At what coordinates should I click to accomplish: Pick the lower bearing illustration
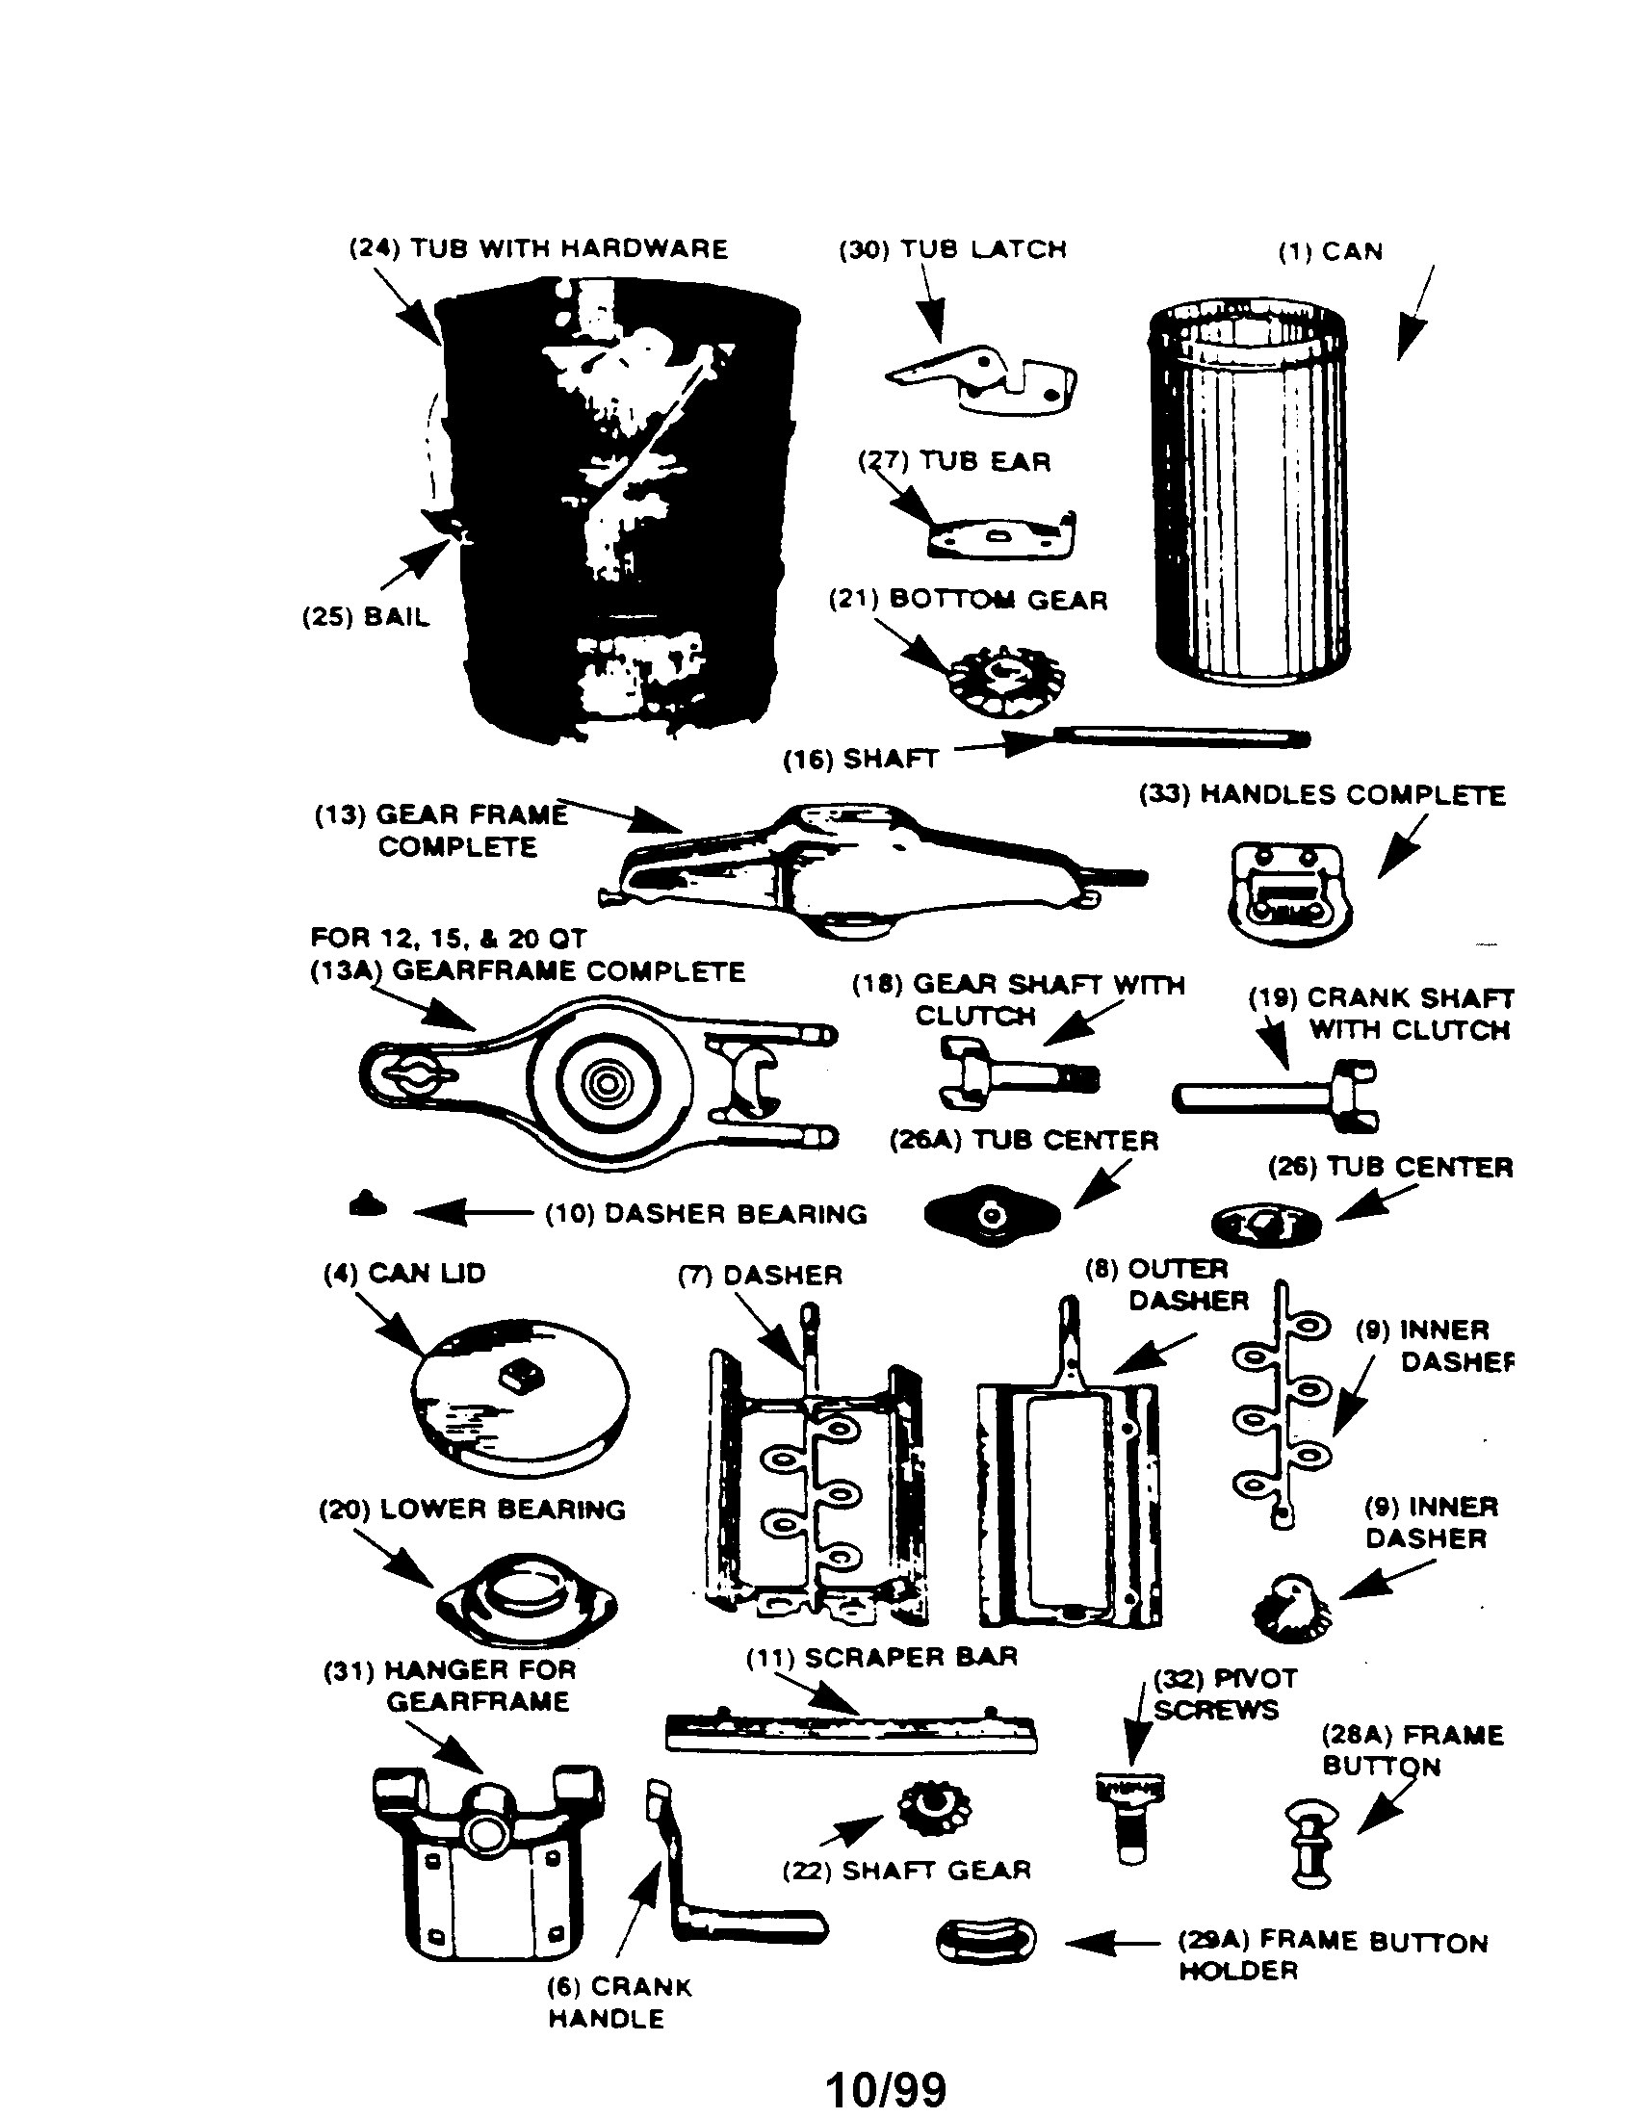527,1605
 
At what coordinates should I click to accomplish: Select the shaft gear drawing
934,1807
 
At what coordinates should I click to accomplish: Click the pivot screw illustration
1128,1816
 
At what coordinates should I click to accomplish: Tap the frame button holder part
985,1942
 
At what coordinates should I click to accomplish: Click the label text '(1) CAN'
1331,252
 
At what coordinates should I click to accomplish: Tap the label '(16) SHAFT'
861,760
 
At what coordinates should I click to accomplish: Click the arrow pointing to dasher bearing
472,1212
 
